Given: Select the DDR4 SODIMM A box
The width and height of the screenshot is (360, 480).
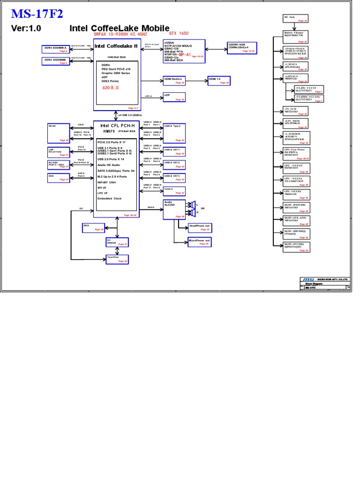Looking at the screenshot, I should coord(56,49).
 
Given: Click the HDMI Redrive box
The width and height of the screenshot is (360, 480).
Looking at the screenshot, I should coord(174,80).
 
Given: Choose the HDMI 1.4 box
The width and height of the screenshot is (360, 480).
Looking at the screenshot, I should coord(218,80).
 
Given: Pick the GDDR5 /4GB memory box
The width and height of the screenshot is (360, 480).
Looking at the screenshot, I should coord(241,48).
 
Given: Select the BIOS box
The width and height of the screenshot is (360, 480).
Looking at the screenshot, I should coord(93,227).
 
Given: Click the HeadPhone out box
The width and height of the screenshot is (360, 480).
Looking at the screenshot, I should coord(199,228).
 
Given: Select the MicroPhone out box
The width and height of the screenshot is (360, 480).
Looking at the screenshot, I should coord(199,242).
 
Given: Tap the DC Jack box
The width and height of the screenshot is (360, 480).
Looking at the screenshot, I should coord(295,19).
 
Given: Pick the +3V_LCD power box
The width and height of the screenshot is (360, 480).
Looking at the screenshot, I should coord(295,111).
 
